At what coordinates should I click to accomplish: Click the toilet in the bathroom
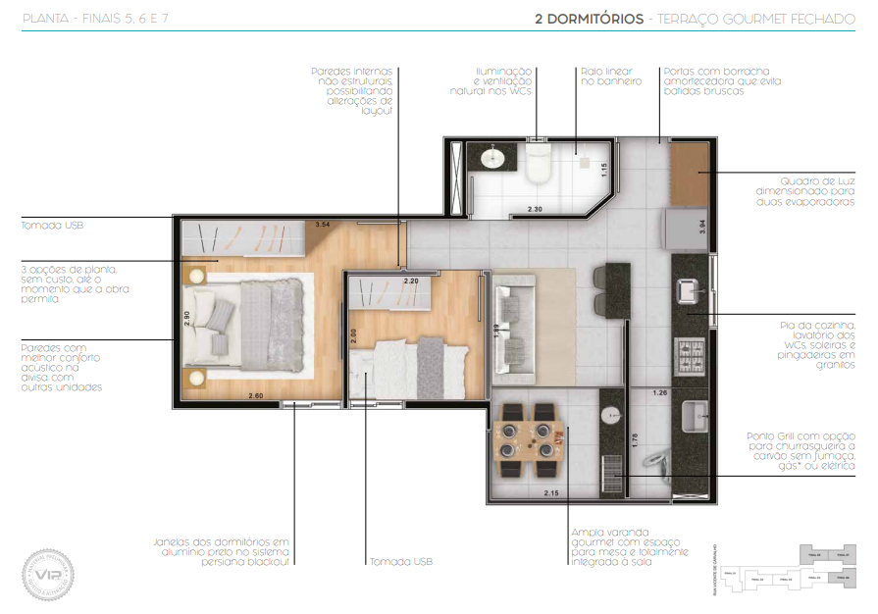pos(539,167)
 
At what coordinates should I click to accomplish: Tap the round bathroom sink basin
pos(491,157)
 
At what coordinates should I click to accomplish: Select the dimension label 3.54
pos(322,226)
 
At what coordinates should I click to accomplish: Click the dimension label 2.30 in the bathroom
pos(535,209)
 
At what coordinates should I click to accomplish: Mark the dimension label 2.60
pos(255,395)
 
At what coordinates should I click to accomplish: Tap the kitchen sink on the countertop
pos(689,290)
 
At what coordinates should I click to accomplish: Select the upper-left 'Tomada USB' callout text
pos(52,226)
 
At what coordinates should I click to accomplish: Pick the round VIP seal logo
pos(49,572)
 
